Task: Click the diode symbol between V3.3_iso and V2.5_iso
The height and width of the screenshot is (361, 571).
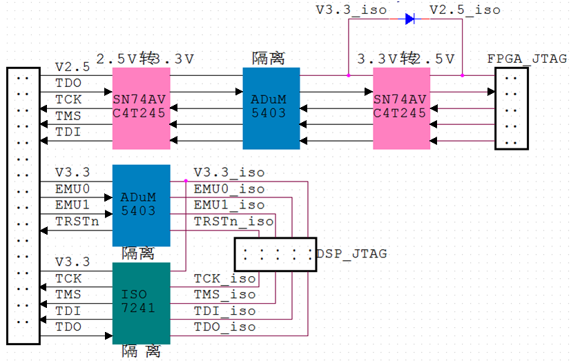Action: pyautogui.click(x=411, y=19)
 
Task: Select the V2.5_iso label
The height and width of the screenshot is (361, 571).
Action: pyautogui.click(x=465, y=10)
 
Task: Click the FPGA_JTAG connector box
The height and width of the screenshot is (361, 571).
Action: pyautogui.click(x=512, y=108)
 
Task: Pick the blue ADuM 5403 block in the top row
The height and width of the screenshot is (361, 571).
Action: pyautogui.click(x=271, y=108)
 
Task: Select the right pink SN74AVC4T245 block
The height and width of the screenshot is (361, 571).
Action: pyautogui.click(x=402, y=108)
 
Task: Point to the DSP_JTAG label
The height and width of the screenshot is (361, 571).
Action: pyautogui.click(x=352, y=254)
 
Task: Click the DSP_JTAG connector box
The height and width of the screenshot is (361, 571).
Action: pyautogui.click(x=275, y=254)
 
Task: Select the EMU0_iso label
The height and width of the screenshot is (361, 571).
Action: pyautogui.click(x=229, y=189)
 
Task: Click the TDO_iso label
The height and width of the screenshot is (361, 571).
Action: pyautogui.click(x=224, y=326)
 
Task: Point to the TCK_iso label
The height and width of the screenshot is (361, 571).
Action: pyautogui.click(x=224, y=278)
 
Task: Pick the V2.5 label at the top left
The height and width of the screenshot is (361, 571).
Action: pyautogui.click(x=72, y=67)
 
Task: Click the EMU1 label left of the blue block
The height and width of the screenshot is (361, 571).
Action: pyautogui.click(x=72, y=205)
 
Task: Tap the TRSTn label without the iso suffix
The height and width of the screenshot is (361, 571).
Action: pyautogui.click(x=76, y=221)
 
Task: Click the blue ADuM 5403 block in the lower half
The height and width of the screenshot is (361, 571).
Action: pyautogui.click(x=141, y=205)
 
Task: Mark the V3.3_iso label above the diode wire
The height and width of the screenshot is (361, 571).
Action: pyautogui.click(x=351, y=10)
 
